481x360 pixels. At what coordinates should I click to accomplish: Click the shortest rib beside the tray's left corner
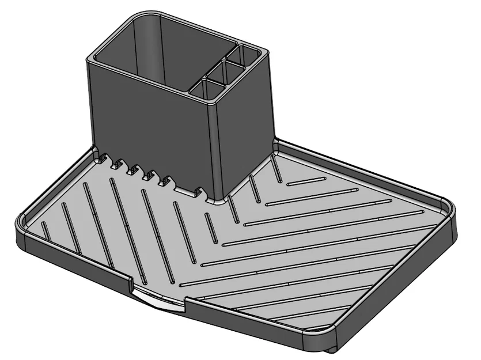coord(46,230)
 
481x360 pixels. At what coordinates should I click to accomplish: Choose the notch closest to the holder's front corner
coord(199,190)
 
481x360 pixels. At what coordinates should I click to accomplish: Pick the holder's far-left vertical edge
coord(91,104)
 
